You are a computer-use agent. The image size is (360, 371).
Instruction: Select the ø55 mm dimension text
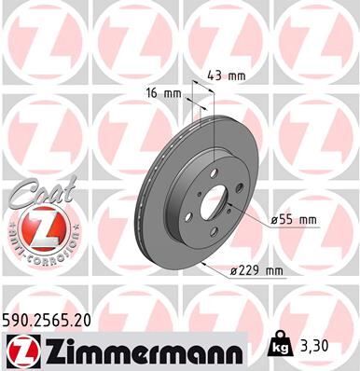point(294,220)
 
